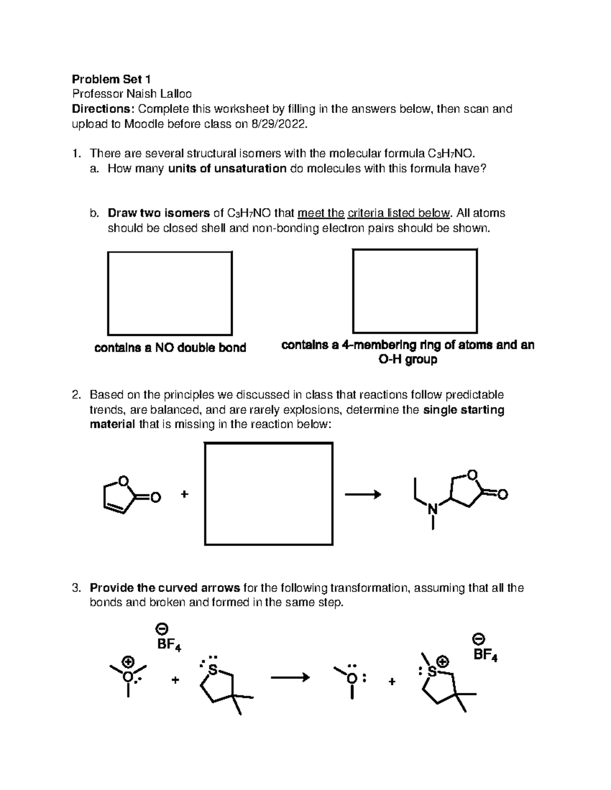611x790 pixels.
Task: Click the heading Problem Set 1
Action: click(111, 79)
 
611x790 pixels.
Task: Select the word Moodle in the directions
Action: click(144, 124)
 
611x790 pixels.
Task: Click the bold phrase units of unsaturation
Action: click(227, 169)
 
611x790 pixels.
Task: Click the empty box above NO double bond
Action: click(170, 293)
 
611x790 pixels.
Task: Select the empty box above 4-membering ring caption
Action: click(414, 290)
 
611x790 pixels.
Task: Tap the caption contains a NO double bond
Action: click(170, 348)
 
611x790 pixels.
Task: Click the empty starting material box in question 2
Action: click(268, 493)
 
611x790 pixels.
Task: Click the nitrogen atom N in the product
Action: click(432, 508)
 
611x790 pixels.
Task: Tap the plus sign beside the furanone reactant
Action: click(184, 494)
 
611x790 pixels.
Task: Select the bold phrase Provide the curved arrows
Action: click(164, 588)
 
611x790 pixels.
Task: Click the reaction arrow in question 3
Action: click(290, 677)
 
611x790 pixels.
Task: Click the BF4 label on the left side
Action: click(169, 645)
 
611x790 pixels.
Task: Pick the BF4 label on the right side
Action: click(485, 655)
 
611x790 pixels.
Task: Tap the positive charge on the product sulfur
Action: click(443, 662)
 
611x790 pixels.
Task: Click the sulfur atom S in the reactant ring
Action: click(213, 670)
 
